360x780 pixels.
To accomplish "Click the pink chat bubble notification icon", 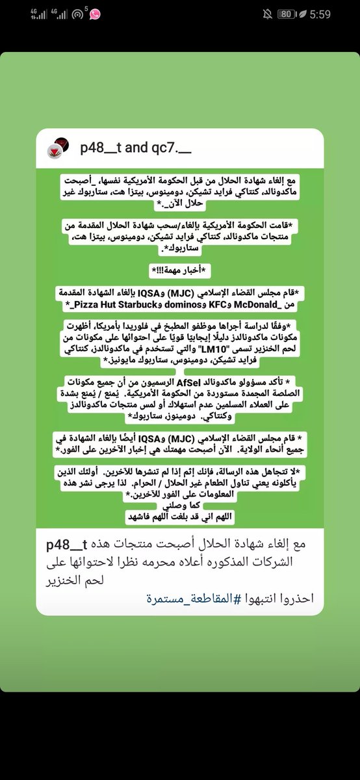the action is click(95, 14).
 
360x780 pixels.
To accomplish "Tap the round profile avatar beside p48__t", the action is click(57, 148).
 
